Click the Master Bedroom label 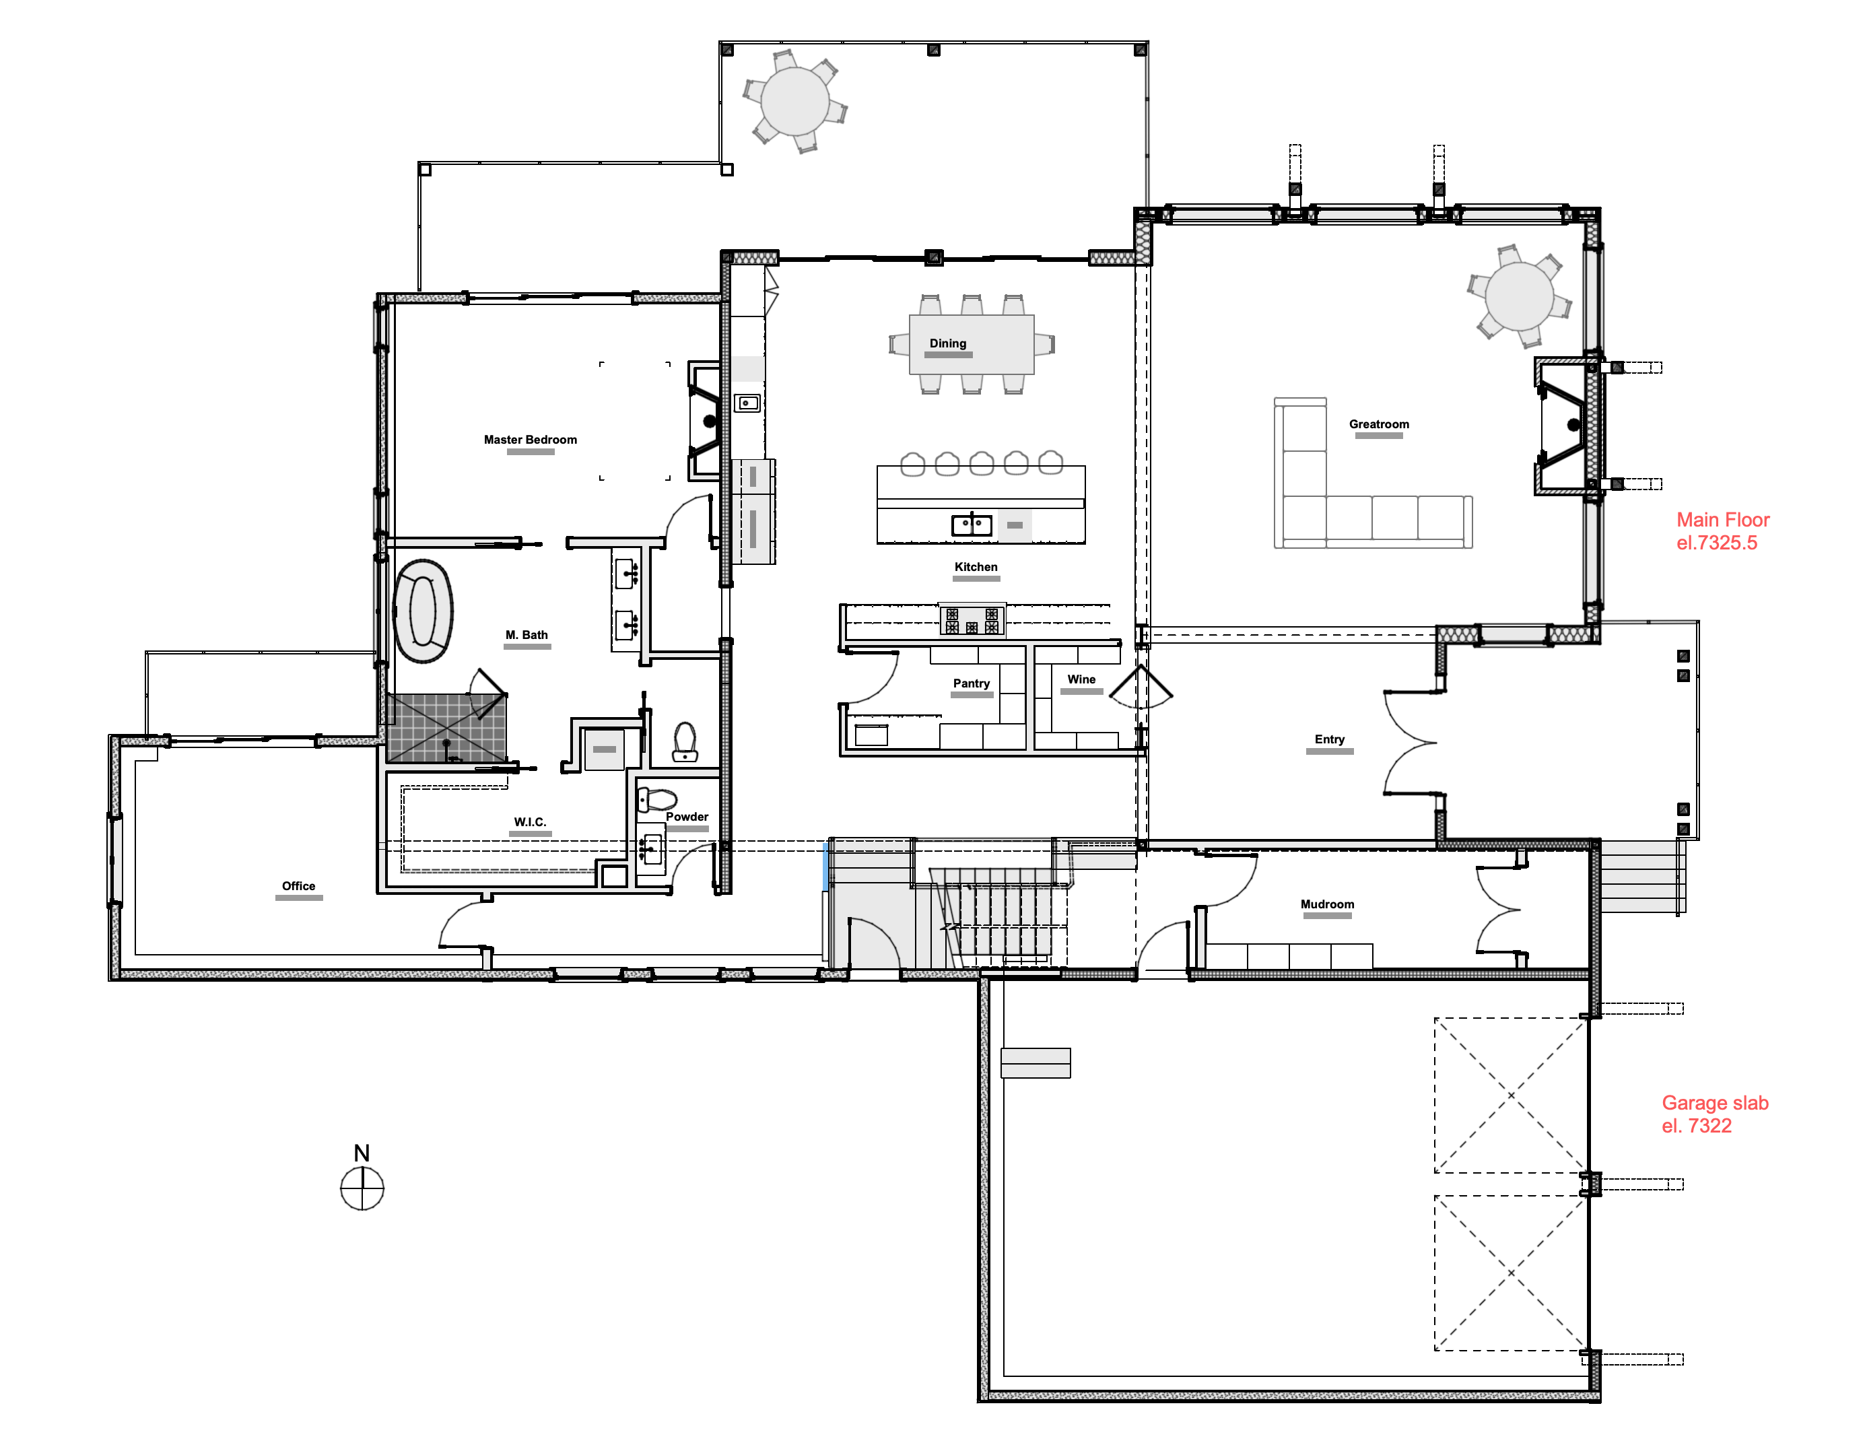coord(531,440)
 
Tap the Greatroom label coord(1379,424)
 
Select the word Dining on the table coord(948,343)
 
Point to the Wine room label coord(1081,679)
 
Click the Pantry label coord(972,683)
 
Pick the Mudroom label coord(1327,904)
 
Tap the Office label coord(299,886)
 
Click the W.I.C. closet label coord(531,822)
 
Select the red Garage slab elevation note coord(1715,1114)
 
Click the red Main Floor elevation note coord(1722,531)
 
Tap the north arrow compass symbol coord(362,1178)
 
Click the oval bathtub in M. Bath coord(423,611)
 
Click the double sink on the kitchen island coord(972,525)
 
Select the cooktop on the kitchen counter coord(972,620)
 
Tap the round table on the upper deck coord(795,101)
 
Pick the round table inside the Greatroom coord(1519,296)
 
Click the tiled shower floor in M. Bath coord(446,727)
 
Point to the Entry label coord(1330,739)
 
